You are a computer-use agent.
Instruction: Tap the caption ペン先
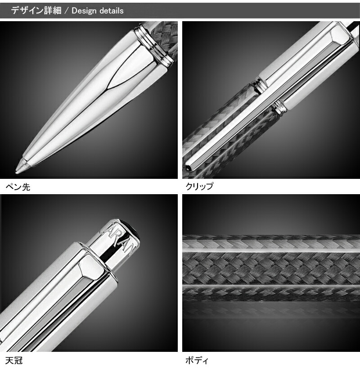tap(18, 186)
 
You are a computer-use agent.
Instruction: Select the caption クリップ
tap(199, 186)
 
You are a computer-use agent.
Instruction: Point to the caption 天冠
tap(13, 360)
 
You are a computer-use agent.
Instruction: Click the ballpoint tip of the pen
tap(20, 169)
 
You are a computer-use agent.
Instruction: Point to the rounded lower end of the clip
tap(188, 164)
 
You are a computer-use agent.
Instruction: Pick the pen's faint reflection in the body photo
tap(270, 311)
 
